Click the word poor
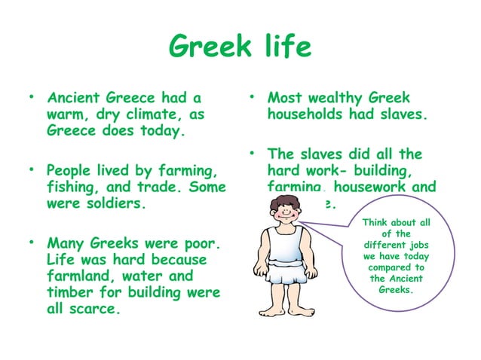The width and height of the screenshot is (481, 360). [200, 243]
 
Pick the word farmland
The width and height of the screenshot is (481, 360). [82, 276]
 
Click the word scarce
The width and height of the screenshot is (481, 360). [93, 309]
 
